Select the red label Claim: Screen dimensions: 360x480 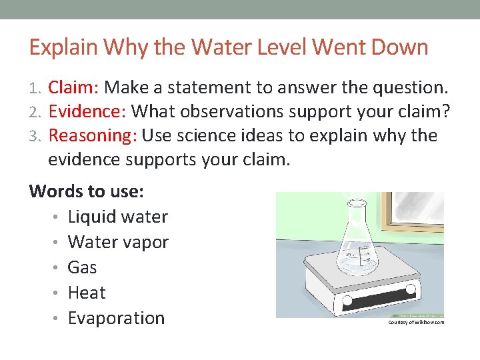[x=74, y=87]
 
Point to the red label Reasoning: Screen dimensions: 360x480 [x=93, y=135]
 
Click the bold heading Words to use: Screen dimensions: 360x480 [x=87, y=191]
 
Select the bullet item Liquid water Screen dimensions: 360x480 [x=118, y=217]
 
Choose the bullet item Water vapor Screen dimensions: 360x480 [x=118, y=242]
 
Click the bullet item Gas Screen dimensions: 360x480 [x=83, y=267]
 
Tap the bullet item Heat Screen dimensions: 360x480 [x=87, y=293]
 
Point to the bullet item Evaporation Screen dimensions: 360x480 [x=116, y=318]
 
